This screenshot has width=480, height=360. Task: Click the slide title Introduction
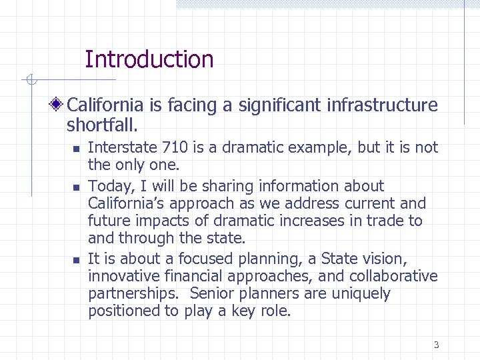point(149,60)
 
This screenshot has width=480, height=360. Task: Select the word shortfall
point(101,125)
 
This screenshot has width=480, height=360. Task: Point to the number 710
point(175,148)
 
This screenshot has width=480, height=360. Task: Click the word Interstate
point(123,148)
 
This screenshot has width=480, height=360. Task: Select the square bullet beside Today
point(77,187)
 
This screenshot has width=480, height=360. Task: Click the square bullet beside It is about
point(77,260)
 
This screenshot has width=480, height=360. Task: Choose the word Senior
point(212,294)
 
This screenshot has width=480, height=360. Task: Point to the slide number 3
point(436,345)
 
